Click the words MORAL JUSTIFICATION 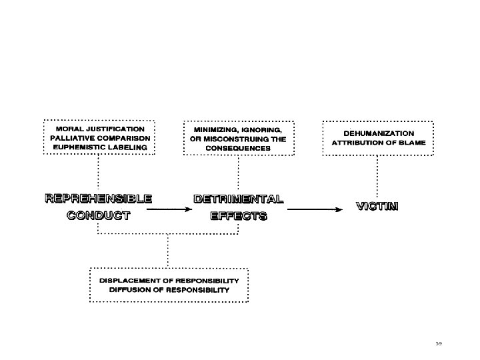click(x=99, y=128)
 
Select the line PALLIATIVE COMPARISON click(x=99, y=137)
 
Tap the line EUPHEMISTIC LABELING click(x=99, y=147)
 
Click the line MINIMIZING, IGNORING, click(x=238, y=129)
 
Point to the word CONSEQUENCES click(x=238, y=147)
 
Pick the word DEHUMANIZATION click(x=378, y=133)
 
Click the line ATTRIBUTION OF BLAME click(x=378, y=143)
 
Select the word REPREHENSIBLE click(x=98, y=198)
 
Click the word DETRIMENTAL click(x=238, y=199)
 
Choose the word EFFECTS click(x=238, y=215)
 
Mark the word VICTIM click(x=377, y=206)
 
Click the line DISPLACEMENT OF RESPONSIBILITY click(x=169, y=281)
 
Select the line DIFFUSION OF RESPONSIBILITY click(x=169, y=290)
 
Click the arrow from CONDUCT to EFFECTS click(x=165, y=209)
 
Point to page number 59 click(x=439, y=343)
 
